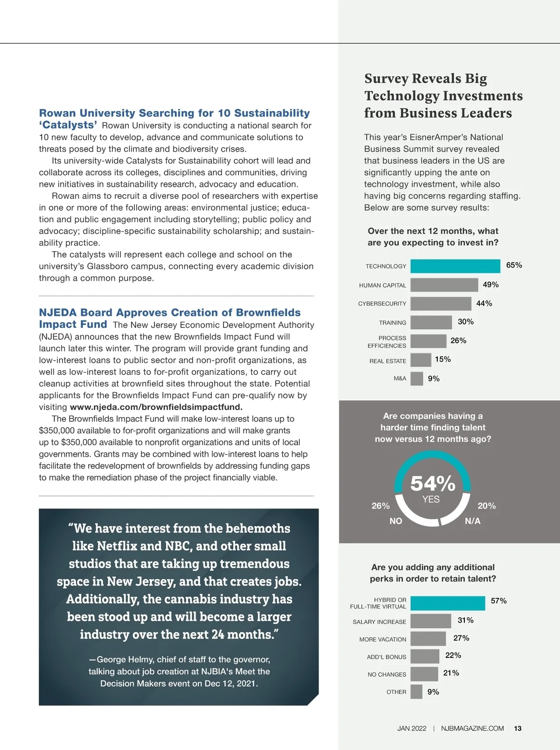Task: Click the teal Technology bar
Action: coord(455,266)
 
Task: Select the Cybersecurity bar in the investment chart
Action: coord(441,304)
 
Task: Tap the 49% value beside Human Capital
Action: coord(490,284)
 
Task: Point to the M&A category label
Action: coord(400,378)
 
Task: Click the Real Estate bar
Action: coord(420,360)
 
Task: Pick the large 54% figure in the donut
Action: coord(433,483)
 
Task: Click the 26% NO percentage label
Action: coord(380,506)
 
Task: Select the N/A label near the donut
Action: coord(472,521)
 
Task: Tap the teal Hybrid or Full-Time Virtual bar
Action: coord(448,603)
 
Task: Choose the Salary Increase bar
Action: coord(431,621)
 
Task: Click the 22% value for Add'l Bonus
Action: coord(453,655)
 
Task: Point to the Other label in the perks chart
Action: coord(396,692)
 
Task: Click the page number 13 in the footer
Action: coord(518,729)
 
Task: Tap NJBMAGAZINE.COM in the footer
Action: coord(472,729)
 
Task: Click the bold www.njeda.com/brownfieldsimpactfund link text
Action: coord(156,407)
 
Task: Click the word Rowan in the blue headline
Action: coord(57,113)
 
